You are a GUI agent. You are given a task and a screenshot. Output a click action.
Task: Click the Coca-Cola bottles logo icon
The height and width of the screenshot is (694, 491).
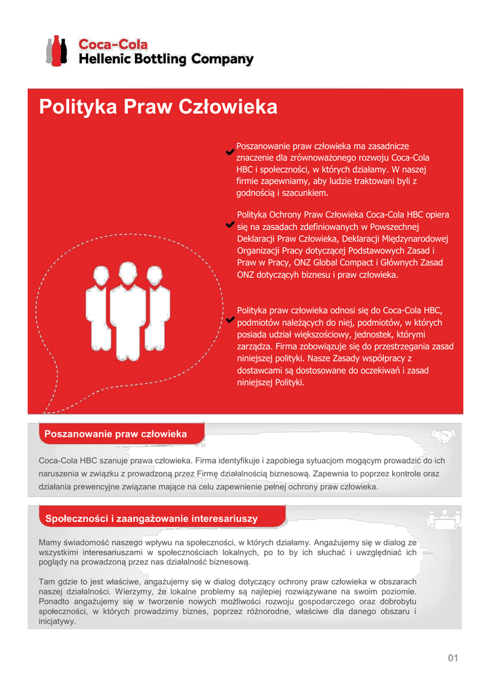click(x=56, y=51)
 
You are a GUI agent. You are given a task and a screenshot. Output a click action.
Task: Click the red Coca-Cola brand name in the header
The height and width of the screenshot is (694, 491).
click(x=113, y=45)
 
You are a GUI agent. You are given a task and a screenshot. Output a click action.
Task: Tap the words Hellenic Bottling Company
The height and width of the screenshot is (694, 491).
click(x=166, y=60)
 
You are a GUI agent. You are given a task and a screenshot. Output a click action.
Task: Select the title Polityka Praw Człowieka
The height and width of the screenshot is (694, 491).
click(x=158, y=107)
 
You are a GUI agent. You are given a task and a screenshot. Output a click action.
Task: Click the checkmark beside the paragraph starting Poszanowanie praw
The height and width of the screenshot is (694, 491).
click(x=231, y=152)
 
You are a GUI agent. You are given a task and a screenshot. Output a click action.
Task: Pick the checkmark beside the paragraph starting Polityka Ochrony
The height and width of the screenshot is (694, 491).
click(x=231, y=223)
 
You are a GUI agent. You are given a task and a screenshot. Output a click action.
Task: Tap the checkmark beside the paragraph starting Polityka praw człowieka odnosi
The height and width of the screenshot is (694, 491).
click(x=231, y=319)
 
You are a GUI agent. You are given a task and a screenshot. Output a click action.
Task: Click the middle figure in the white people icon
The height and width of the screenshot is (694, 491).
click(x=127, y=308)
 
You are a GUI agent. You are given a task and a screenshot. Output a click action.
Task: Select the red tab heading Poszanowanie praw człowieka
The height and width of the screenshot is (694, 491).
click(x=115, y=434)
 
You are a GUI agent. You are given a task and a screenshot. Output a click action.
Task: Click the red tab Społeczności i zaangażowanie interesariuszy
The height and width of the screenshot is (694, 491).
click(x=151, y=518)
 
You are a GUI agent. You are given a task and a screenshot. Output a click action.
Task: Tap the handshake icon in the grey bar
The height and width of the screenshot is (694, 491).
click(x=443, y=434)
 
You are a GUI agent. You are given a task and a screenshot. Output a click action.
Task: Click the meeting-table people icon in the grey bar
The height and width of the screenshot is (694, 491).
click(x=444, y=519)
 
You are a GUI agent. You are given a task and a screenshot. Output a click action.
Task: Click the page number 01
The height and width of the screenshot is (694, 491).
click(x=453, y=658)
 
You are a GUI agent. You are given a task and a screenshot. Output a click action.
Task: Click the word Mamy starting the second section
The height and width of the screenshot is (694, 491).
click(x=50, y=542)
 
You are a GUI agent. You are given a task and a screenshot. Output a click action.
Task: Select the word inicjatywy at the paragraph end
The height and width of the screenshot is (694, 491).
click(x=58, y=621)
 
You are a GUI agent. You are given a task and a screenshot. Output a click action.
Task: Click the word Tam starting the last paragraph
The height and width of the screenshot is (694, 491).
click(x=47, y=581)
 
